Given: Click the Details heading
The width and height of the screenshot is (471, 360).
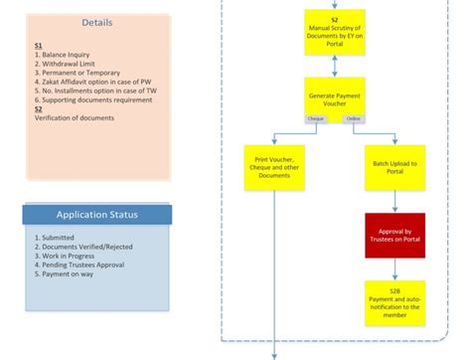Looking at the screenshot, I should tap(96, 22).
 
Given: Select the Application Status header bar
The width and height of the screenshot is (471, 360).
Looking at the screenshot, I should tap(96, 215).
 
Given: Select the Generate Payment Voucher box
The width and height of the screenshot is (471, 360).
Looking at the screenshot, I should tap(335, 95).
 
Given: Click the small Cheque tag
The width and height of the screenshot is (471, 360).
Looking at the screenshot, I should tap(316, 119).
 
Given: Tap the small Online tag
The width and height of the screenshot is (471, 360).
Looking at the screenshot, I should tap(352, 119).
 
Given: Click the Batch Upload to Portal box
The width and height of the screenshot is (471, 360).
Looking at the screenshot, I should tap(394, 168).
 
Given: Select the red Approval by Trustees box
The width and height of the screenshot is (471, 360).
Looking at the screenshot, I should tap(394, 236).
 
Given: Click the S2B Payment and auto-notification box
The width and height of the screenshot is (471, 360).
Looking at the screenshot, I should tap(394, 301).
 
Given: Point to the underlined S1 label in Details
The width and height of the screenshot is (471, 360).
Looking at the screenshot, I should tap(38, 46).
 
